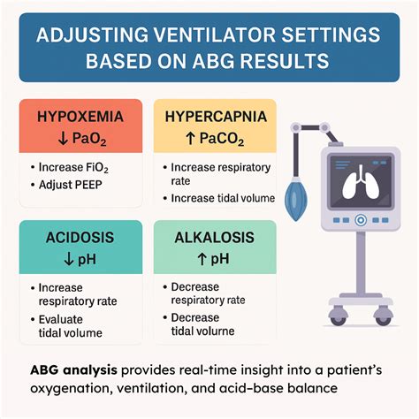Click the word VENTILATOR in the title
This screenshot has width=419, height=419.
215,34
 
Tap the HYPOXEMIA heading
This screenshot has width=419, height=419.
80,117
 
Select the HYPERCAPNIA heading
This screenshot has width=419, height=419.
216,117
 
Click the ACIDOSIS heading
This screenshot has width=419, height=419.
80,238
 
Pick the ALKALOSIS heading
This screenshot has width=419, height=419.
214,238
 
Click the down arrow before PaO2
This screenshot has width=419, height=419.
63,139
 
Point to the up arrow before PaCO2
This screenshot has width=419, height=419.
191,138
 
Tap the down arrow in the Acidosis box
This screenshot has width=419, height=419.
69,259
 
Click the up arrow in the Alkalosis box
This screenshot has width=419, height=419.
202,259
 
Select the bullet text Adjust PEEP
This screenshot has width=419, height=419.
71,185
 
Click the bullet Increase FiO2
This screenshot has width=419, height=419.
73,168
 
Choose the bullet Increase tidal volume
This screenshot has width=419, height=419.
223,198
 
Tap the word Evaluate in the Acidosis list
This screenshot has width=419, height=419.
61,319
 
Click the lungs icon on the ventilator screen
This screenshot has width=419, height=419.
361,183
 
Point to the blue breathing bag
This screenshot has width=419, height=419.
296,199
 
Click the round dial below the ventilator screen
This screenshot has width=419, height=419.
361,220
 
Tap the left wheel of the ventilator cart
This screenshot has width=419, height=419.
338,316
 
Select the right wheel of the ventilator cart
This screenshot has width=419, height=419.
384,316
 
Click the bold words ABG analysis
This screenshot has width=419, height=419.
73,370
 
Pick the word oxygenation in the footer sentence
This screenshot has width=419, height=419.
72,388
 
